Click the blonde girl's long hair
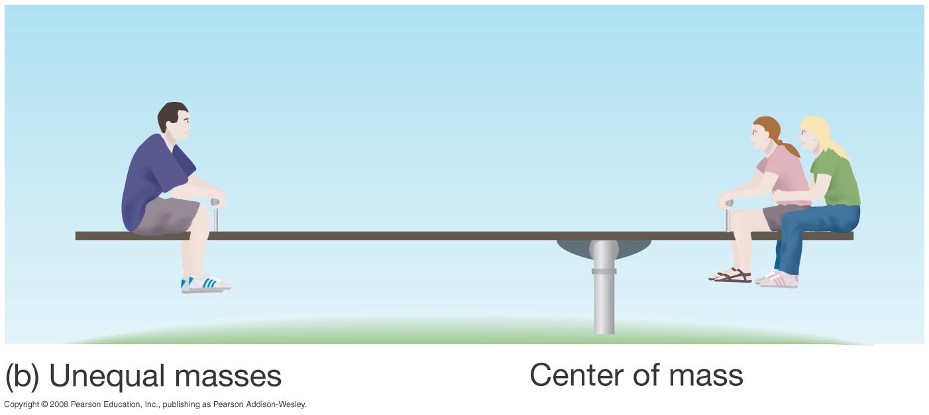point(822,132)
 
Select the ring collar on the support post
point(604,271)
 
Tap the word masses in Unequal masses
point(229,376)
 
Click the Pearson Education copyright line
point(155,404)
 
